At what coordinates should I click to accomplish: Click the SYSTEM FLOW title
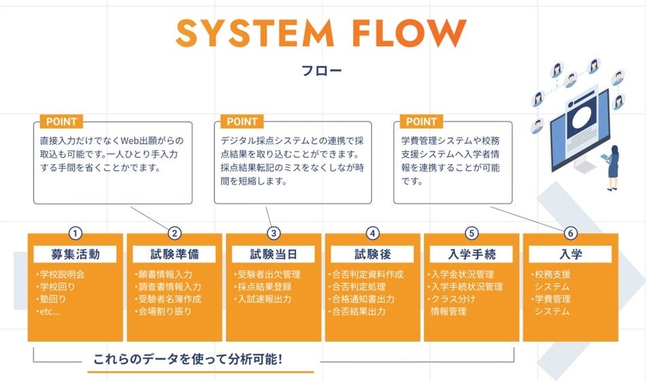pos(321,33)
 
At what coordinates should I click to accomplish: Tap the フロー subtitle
pos(321,70)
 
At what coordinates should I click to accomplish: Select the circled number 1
pos(76,233)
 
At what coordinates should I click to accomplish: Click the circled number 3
pos(274,233)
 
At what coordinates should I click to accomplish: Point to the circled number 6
pos(570,233)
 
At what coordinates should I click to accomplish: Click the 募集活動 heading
pos(76,254)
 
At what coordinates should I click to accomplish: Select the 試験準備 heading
pos(175,254)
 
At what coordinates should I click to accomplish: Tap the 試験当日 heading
pos(274,254)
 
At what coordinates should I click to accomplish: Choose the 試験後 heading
pos(372,254)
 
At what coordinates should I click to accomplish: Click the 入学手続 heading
pos(471,254)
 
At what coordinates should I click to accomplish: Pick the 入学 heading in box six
pos(570,254)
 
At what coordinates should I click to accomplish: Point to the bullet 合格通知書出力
pos(365,299)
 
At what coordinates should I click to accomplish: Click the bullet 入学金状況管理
pos(465,274)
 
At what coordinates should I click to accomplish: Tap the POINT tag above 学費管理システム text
pos(421,122)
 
